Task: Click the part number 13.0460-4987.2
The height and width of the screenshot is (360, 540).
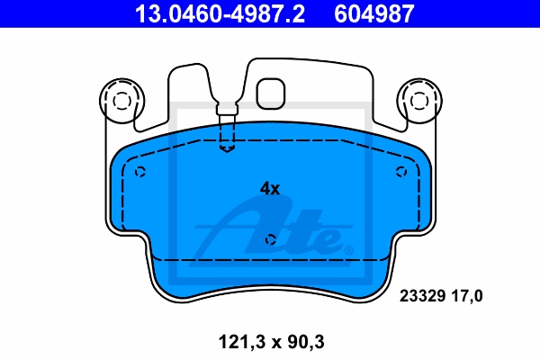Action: tap(220, 13)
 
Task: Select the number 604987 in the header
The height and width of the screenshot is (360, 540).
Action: tap(374, 13)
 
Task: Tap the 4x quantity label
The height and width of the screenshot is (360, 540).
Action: tap(270, 188)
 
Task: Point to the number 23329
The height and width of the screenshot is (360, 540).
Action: tap(423, 296)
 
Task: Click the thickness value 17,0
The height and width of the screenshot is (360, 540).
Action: tap(467, 296)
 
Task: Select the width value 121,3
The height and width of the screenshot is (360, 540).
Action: tap(242, 342)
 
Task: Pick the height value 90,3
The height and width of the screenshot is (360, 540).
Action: tap(306, 342)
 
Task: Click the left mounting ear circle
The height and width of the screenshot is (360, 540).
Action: tap(121, 102)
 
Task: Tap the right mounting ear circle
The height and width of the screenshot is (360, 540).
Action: tap(419, 102)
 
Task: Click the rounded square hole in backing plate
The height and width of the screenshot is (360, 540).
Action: tap(271, 94)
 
